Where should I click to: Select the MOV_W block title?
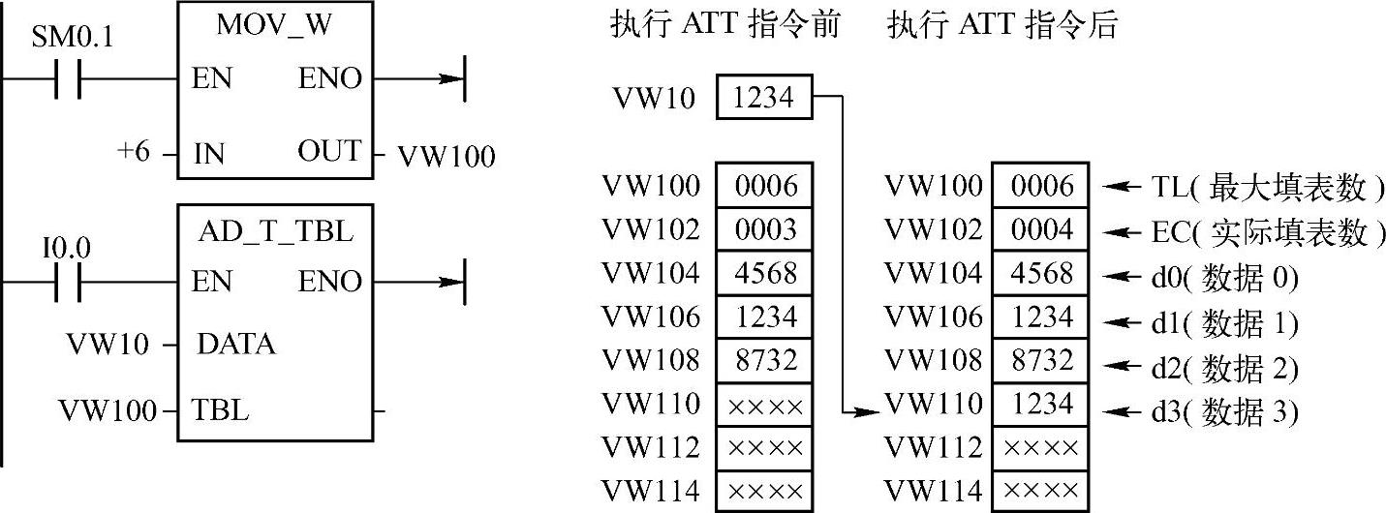coord(274,27)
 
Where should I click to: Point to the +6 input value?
coord(132,153)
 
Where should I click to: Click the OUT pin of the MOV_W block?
coord(329,153)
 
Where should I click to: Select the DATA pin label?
coord(235,344)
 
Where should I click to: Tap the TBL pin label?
coord(221,409)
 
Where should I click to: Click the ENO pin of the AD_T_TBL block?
coord(329,282)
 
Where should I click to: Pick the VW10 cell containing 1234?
coord(764,98)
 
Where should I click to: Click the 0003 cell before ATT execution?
coord(764,229)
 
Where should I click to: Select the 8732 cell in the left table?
coord(764,360)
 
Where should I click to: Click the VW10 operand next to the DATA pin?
coord(104,345)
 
